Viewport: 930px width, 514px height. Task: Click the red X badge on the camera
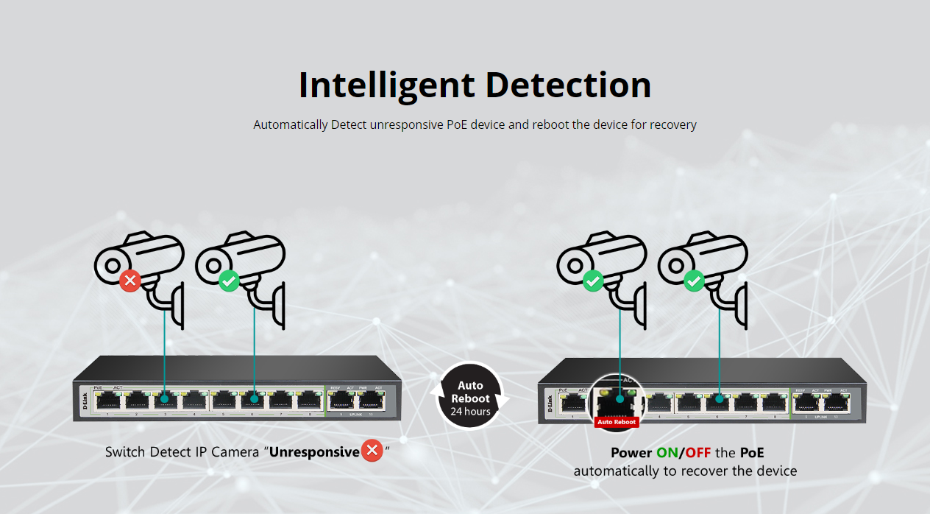tap(130, 281)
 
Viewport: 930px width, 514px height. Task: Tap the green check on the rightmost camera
tap(694, 281)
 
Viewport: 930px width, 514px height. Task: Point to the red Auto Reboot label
tap(617, 422)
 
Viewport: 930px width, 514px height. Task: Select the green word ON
tap(667, 452)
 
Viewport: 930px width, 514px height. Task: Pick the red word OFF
tap(698, 452)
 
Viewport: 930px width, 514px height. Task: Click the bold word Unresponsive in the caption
tap(314, 451)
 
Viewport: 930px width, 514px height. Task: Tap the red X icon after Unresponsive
tap(372, 451)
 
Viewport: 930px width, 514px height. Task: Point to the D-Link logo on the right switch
tap(550, 403)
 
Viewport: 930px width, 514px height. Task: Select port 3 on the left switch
tap(165, 400)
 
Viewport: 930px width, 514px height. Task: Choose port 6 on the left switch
tap(253, 400)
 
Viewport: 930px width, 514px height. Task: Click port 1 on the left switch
tap(107, 400)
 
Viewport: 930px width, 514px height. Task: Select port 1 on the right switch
tap(572, 402)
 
